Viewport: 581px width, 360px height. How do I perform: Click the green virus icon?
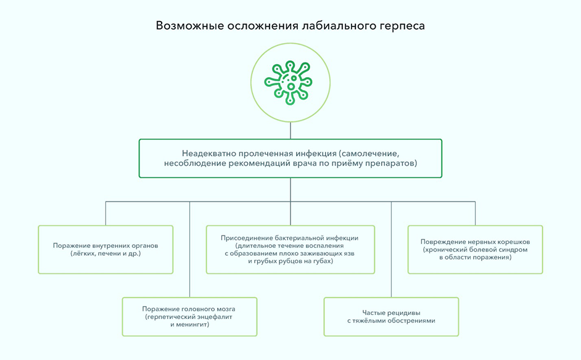click(290, 81)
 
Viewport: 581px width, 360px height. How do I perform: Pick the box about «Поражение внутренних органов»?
click(105, 249)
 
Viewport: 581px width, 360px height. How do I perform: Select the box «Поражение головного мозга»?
click(189, 316)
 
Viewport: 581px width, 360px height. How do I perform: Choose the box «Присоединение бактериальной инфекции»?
click(290, 249)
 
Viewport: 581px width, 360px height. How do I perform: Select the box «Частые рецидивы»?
click(391, 316)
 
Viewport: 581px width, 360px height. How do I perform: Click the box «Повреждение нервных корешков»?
click(475, 249)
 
